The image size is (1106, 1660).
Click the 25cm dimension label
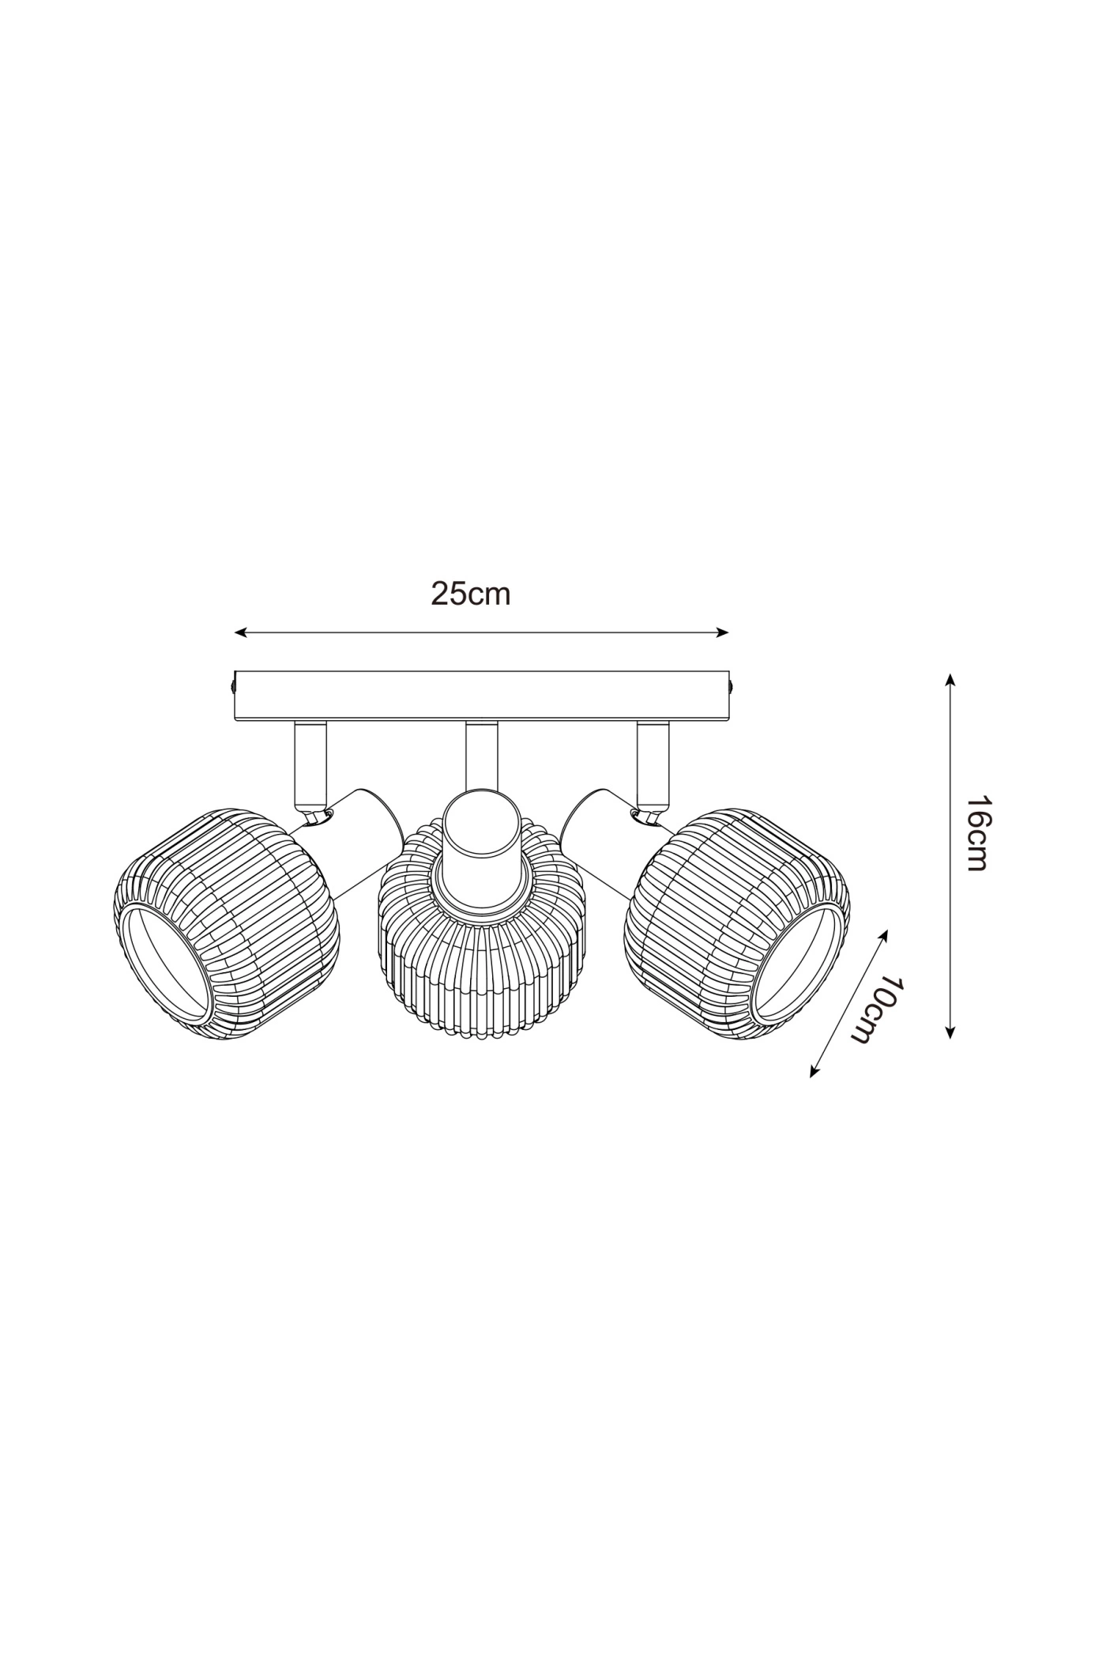pos(470,594)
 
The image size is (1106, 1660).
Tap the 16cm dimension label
pos(977,833)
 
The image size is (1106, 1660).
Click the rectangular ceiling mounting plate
pos(482,696)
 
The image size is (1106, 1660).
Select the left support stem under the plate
pos(310,763)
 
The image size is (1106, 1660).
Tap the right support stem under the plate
pos(653,763)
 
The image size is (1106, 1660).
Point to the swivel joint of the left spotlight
pos(317,815)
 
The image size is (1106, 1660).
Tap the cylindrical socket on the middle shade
pos(482,838)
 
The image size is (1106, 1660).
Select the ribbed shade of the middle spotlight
pos(482,972)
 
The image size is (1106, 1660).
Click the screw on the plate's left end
pos(233,685)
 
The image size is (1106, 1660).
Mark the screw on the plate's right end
pos(732,685)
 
